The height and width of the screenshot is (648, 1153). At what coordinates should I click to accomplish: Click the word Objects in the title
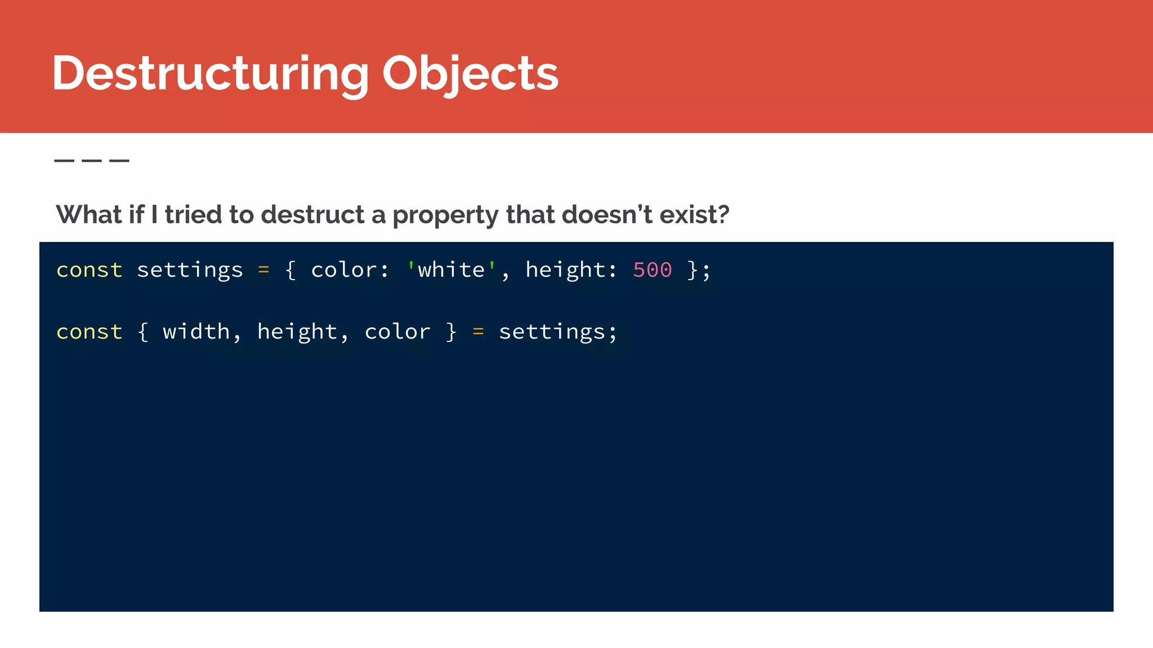click(470, 73)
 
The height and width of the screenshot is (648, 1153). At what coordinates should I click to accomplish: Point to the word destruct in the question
click(313, 214)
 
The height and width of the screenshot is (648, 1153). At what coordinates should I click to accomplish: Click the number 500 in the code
click(652, 270)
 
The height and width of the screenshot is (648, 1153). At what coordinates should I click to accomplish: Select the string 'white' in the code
click(451, 270)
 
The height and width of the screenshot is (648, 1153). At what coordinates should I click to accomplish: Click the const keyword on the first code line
click(90, 271)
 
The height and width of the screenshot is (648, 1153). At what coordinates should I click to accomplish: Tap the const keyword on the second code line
click(90, 332)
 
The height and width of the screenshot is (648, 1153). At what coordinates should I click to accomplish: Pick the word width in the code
click(196, 332)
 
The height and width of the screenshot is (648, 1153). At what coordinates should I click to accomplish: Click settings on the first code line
click(190, 271)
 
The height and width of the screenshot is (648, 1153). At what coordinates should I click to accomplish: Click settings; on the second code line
click(558, 332)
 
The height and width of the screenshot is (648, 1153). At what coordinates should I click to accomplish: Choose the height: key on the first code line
click(571, 271)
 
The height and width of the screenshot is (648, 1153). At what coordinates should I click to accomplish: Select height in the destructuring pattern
click(297, 332)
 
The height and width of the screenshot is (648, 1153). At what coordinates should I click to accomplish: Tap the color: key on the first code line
click(350, 271)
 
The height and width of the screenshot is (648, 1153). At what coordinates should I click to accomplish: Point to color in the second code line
click(397, 332)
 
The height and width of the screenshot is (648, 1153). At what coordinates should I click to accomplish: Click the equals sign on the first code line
click(263, 271)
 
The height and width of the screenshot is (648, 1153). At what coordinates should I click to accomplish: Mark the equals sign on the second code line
click(478, 332)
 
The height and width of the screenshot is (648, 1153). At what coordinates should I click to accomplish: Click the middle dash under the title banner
click(92, 161)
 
